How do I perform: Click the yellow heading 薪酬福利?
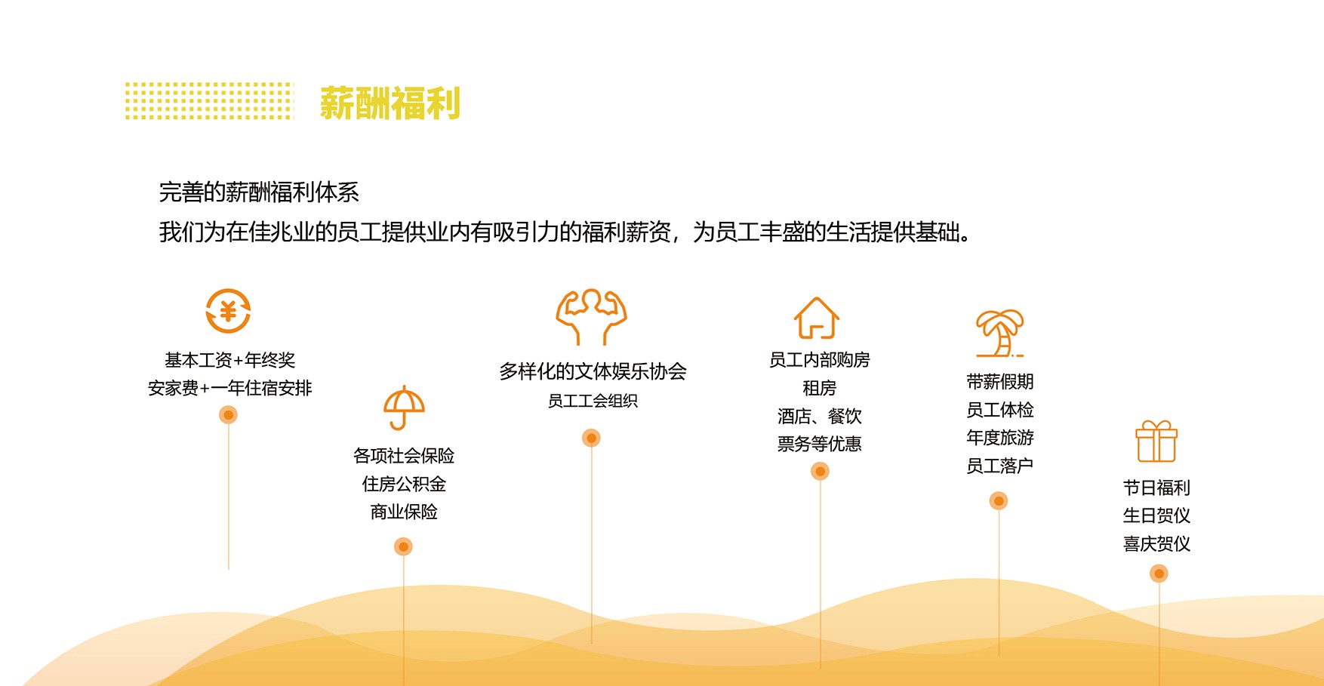pos(390,103)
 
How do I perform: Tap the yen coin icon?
pos(228,311)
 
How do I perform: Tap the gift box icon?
pos(1156,441)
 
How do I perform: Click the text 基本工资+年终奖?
pos(230,360)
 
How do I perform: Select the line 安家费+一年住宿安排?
pos(230,388)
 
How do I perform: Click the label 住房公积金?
pos(404,484)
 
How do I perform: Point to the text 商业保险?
pos(404,512)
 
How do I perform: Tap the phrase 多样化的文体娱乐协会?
pos(593,371)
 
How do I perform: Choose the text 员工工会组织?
pos(593,401)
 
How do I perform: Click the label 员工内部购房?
pos(820,360)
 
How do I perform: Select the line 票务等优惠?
pos(820,444)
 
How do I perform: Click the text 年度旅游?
pos(1000,438)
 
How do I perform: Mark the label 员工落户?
pos(1000,466)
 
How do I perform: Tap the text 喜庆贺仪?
pos(1156,544)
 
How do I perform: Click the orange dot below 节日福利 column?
pos(1159,574)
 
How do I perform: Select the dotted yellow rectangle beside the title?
pos(209,101)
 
